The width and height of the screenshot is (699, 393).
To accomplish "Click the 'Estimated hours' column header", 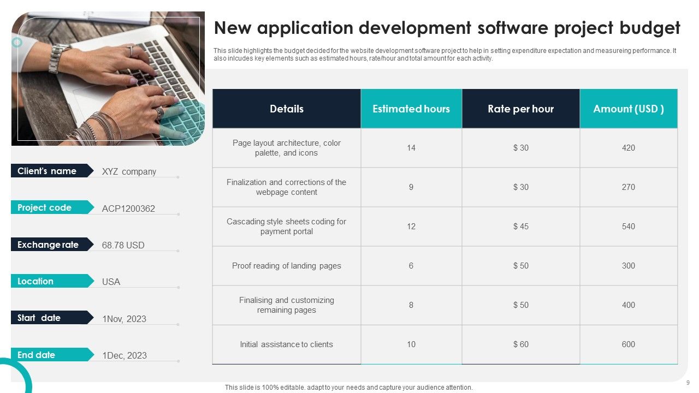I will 411,109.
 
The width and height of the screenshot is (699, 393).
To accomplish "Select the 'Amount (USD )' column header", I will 629,109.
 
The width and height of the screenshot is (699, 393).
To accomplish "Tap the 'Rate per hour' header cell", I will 520,109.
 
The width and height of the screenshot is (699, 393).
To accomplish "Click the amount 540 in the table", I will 629,227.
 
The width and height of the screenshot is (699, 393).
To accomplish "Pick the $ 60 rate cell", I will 520,344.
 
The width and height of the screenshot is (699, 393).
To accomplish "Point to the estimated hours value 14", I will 411,148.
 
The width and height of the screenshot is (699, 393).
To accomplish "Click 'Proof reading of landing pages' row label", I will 286,266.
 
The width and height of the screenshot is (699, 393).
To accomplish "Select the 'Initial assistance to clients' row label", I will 286,344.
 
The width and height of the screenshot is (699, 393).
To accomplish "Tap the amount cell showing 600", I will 629,344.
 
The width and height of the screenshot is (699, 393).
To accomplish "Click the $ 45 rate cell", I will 520,227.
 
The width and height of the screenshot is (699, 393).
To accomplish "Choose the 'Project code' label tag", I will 45,207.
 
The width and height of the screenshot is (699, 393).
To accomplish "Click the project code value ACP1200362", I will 128,209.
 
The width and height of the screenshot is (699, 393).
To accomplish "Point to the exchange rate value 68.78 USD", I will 123,245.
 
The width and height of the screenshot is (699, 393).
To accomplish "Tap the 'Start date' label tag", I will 39,318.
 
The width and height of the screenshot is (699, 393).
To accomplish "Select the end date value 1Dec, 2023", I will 125,355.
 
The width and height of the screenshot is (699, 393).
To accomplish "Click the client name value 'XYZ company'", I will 129,171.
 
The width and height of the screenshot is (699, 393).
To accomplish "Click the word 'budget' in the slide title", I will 649,28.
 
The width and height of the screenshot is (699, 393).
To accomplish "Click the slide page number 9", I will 688,382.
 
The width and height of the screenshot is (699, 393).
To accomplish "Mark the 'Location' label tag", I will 35,281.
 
